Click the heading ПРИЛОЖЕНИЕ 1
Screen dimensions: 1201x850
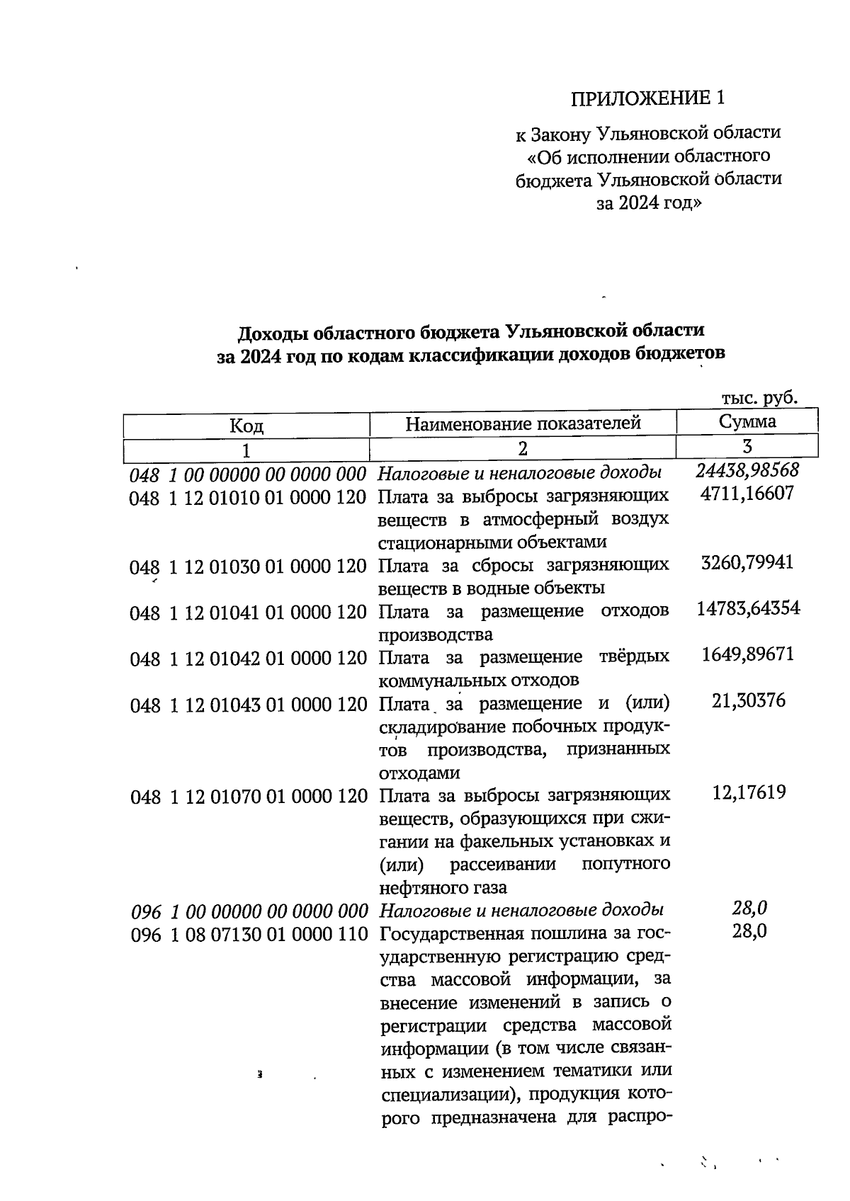pos(648,98)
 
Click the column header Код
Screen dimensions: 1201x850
pos(246,426)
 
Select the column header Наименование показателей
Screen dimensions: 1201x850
pos(523,423)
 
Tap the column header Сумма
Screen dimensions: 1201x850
pos(747,422)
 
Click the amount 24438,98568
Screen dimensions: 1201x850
pos(747,469)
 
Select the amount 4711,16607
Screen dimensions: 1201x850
pos(747,493)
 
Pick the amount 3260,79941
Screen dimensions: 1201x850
pos(747,563)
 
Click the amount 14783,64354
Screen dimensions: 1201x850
pos(748,608)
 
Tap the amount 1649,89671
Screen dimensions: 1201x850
pos(747,654)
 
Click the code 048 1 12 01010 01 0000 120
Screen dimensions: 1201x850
pos(247,498)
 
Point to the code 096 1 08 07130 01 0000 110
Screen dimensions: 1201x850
pos(249,935)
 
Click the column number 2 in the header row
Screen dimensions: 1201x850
pos(522,449)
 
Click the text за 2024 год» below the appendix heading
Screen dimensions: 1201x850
pos(648,204)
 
